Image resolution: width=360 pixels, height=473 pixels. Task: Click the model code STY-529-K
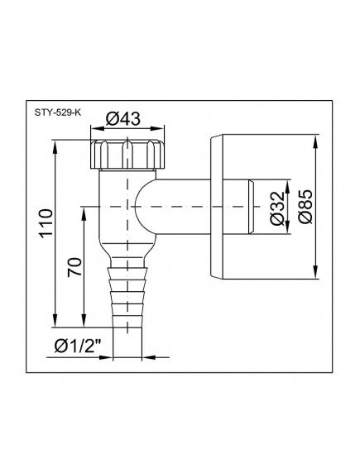(58, 112)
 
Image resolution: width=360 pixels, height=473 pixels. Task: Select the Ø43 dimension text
(123, 118)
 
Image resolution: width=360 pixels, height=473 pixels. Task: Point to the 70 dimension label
(74, 266)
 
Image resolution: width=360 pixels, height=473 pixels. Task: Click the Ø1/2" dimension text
(77, 346)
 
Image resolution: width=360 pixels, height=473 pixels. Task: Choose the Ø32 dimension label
(277, 208)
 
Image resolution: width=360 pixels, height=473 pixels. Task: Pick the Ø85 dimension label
(305, 207)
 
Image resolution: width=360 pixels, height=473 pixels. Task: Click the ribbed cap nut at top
(127, 154)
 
